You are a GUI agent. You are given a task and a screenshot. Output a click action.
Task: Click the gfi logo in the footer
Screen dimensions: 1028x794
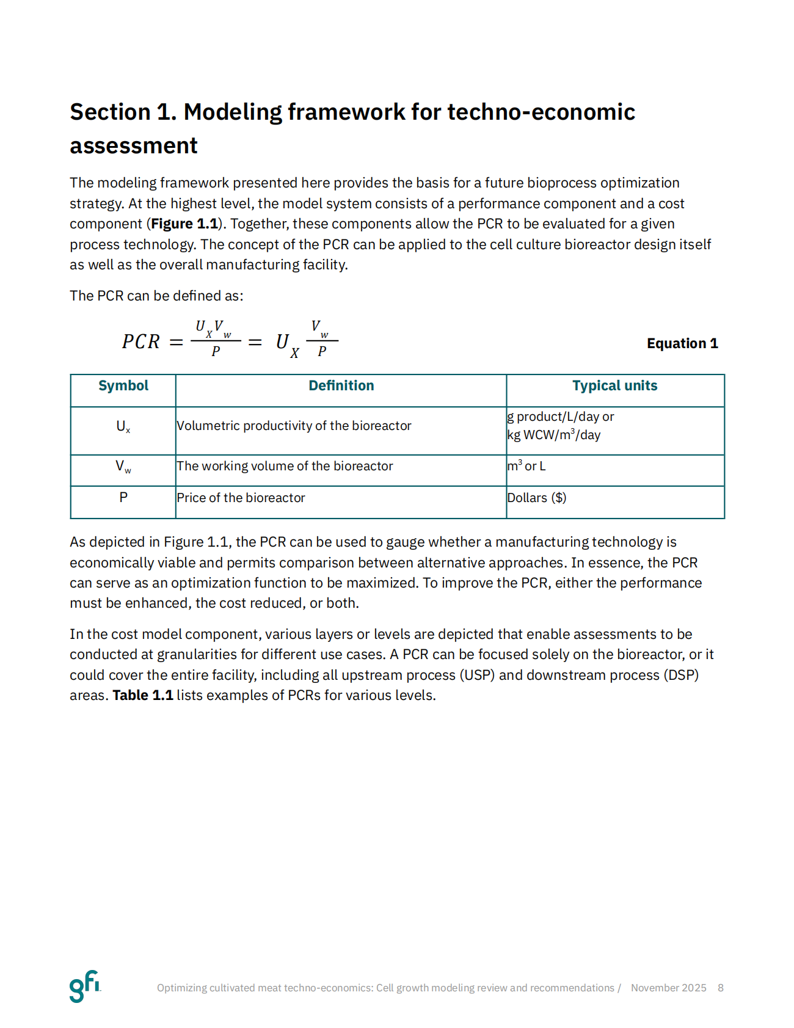pos(84,986)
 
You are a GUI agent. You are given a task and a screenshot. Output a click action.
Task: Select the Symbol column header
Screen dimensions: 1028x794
pos(123,386)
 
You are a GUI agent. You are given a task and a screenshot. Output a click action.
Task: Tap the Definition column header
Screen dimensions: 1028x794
pos(341,386)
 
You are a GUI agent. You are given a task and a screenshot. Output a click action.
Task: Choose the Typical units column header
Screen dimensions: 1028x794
pos(614,386)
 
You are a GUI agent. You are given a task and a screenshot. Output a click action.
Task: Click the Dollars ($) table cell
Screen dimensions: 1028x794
pos(537,498)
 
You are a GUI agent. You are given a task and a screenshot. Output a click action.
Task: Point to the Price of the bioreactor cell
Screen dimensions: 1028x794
pos(241,498)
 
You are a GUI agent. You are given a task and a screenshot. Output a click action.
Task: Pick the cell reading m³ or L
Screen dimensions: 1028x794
pos(526,466)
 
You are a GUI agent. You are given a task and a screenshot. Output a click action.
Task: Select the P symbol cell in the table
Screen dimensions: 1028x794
pos(123,498)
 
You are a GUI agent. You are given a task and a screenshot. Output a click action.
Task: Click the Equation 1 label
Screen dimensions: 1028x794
pos(682,343)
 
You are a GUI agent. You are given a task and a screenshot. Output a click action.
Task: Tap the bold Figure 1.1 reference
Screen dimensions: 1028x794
pos(184,224)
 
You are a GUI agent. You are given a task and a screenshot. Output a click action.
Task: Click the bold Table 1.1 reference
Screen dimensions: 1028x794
pos(143,696)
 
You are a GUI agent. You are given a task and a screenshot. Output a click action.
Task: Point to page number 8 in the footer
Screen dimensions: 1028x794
pos(721,988)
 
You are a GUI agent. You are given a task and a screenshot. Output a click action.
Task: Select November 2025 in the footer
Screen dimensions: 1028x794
pos(668,988)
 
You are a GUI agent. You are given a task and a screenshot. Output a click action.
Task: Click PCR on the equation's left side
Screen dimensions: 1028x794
pos(141,342)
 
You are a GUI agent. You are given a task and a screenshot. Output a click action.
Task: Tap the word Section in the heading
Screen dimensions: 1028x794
pos(110,112)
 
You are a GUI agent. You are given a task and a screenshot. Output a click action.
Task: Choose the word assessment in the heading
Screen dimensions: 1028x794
pos(134,146)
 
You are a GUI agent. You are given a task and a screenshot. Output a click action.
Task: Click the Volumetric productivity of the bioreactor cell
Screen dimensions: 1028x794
pos(294,426)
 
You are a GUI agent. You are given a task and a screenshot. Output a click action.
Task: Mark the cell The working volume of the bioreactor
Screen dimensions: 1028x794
pos(285,466)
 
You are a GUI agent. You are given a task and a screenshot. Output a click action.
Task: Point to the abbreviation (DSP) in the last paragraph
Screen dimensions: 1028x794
pos(680,675)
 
